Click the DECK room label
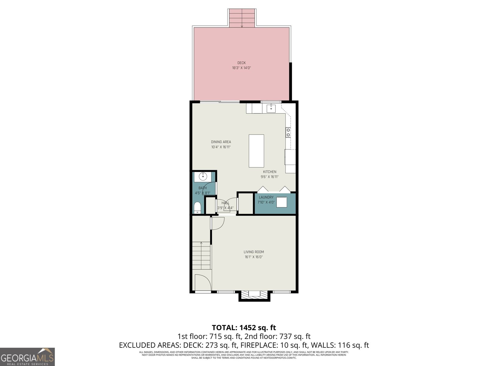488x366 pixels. [x=241, y=63]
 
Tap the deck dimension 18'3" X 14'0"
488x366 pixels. [x=241, y=68]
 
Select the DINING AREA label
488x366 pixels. [x=221, y=142]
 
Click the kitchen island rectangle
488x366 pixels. [x=256, y=151]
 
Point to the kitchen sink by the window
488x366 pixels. [x=271, y=108]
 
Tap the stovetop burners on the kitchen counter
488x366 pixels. [x=288, y=132]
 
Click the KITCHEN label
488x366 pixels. [x=270, y=172]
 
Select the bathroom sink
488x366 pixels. [x=203, y=177]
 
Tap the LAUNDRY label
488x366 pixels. [x=266, y=197]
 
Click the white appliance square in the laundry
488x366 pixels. [x=282, y=203]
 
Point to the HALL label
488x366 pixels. [x=225, y=203]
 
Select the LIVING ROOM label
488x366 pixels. [x=253, y=252]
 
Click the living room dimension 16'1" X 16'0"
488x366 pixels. [x=253, y=257]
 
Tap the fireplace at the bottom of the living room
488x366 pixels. [x=254, y=295]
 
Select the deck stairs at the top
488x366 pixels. [x=242, y=18]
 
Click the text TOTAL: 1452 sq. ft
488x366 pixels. [x=244, y=328]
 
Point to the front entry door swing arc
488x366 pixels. [x=203, y=282]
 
